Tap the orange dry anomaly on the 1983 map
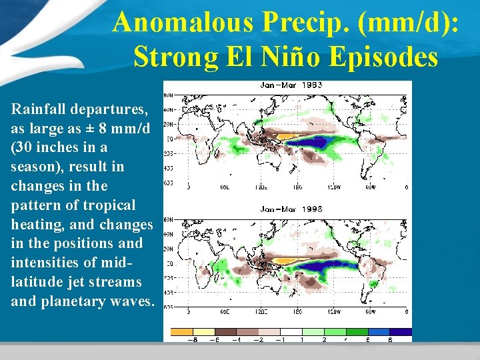pyautogui.click(x=287, y=136)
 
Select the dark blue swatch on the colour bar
pyautogui.click(x=401, y=331)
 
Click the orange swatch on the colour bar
pyautogui.click(x=182, y=331)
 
